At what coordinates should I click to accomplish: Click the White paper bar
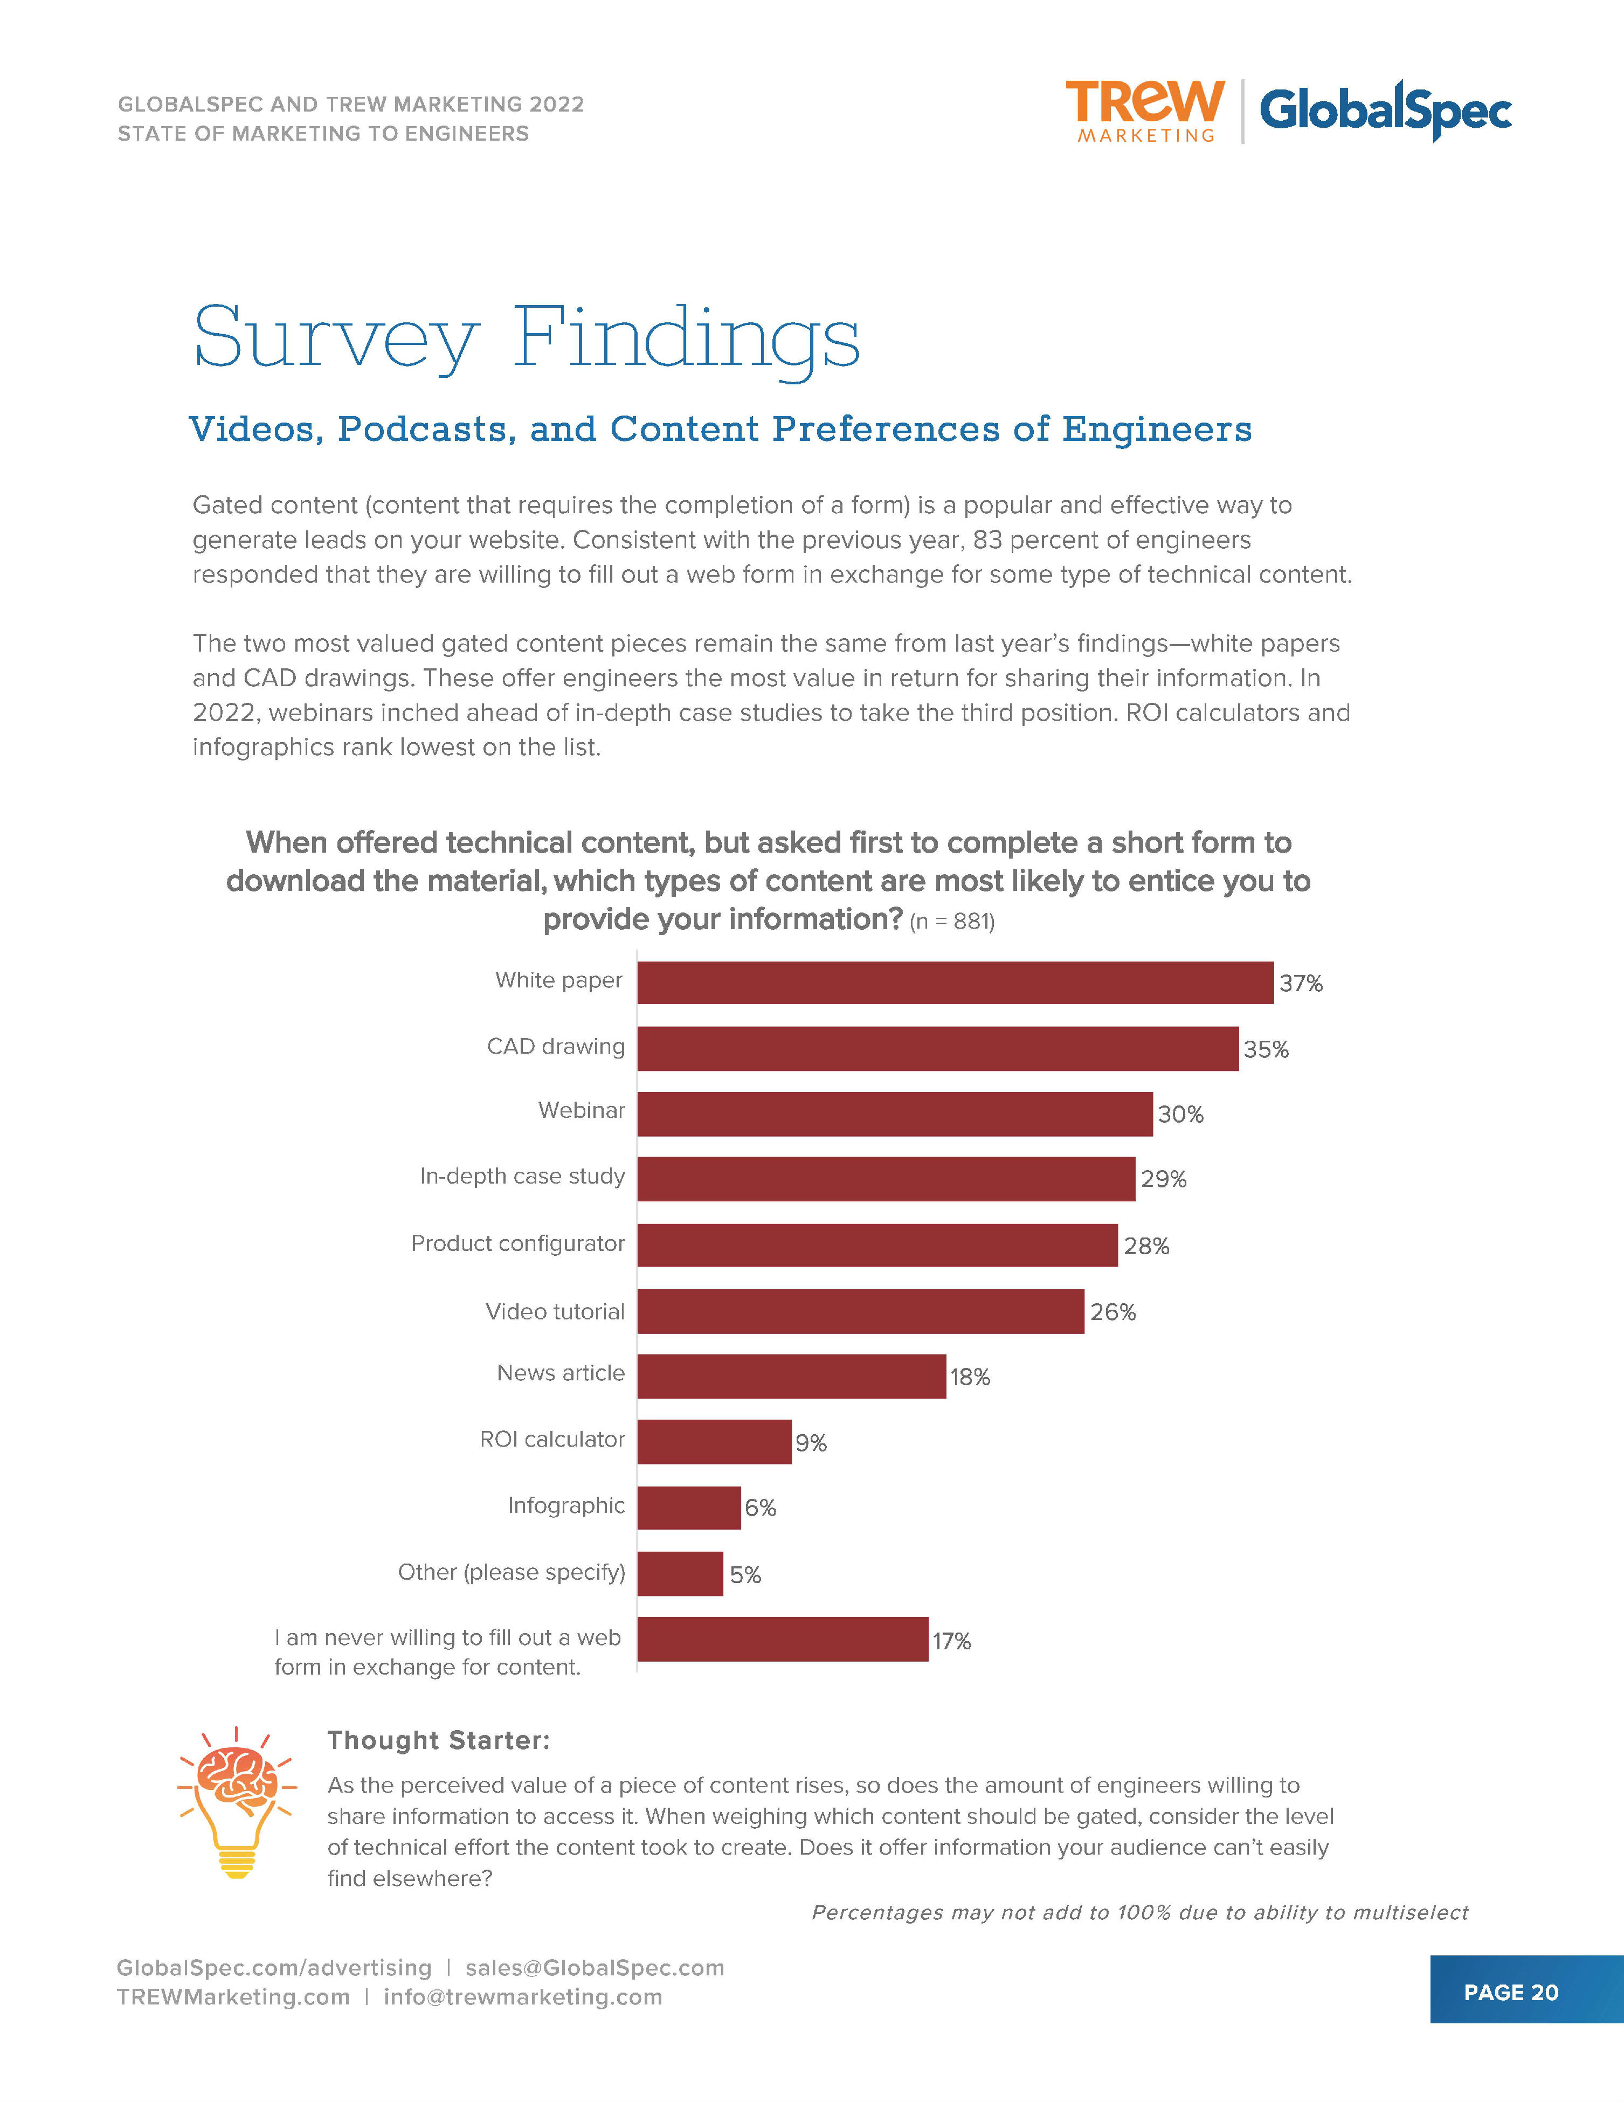955,983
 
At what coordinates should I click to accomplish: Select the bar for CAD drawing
938,1048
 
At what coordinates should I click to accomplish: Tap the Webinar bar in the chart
894,1114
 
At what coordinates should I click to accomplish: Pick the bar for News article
791,1377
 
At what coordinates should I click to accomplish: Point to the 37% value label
1301,984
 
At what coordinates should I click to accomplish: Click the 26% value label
1113,1312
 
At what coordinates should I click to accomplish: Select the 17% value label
951,1641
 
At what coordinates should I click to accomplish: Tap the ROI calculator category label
552,1439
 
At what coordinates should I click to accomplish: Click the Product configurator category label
518,1243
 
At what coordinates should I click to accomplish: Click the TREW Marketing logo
1145,110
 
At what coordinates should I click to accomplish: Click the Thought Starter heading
439,1740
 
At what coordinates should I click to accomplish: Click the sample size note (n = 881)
951,922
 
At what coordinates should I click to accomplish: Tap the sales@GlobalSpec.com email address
595,1967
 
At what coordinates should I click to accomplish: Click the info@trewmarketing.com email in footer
523,1996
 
